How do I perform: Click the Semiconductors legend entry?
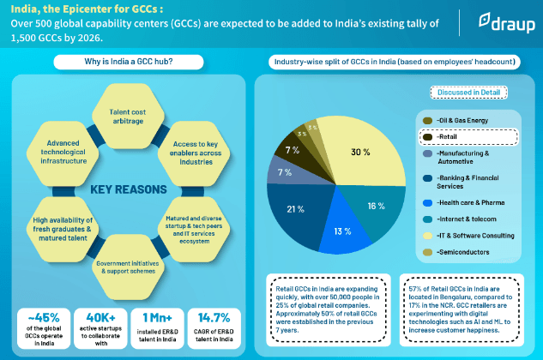point(468,251)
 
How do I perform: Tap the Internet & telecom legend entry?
point(468,218)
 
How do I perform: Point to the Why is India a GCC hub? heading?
point(131,62)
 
